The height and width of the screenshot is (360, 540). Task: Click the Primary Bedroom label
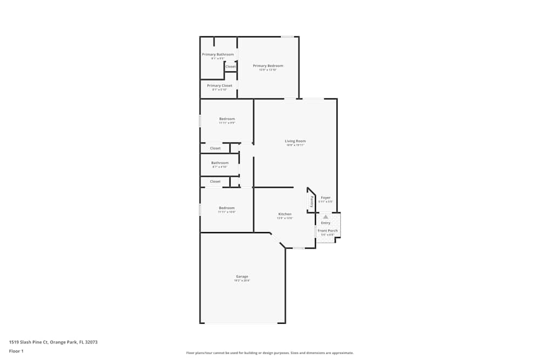click(x=268, y=66)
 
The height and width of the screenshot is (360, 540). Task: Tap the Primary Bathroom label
click(x=218, y=55)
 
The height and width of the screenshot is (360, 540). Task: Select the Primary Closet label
click(x=220, y=86)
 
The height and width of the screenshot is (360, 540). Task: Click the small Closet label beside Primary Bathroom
click(x=231, y=66)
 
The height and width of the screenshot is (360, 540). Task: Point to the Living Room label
click(x=295, y=141)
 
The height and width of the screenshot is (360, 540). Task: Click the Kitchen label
click(x=285, y=214)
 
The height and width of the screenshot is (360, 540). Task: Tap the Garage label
click(x=242, y=276)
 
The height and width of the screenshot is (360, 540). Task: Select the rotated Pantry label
click(x=312, y=201)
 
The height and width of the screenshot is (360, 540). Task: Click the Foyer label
click(x=326, y=198)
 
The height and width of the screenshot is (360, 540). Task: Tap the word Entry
click(x=326, y=223)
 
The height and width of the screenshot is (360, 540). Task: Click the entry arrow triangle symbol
click(x=326, y=216)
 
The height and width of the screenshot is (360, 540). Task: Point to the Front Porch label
click(x=328, y=231)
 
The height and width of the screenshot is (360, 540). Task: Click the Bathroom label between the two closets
click(x=220, y=163)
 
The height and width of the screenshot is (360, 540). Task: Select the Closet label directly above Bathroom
click(x=215, y=148)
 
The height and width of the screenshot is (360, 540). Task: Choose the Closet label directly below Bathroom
click(x=215, y=182)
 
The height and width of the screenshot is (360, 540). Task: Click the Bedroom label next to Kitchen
click(x=227, y=208)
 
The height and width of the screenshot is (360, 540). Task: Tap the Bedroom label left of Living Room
click(x=227, y=119)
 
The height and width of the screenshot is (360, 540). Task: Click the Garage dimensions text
click(x=242, y=281)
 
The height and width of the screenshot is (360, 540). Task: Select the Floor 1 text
click(x=16, y=351)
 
